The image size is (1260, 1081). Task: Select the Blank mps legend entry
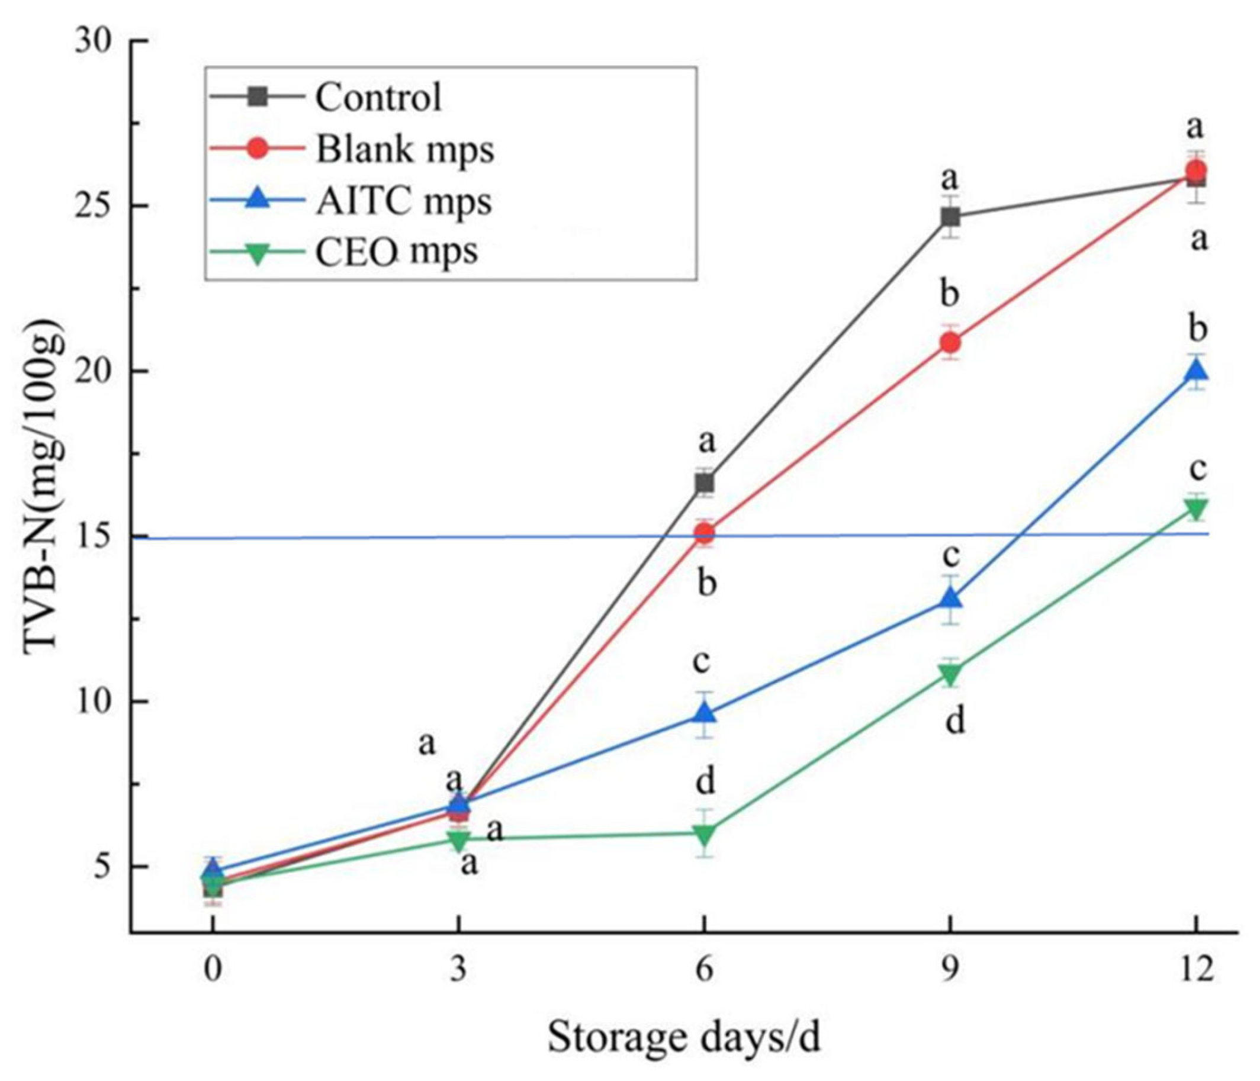[404, 149]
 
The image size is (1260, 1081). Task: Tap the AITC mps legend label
[403, 201]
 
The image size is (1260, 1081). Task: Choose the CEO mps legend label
[397, 252]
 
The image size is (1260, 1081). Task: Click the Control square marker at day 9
[950, 217]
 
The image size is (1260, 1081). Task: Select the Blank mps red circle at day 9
[950, 343]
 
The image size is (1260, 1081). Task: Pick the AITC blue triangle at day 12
[1197, 370]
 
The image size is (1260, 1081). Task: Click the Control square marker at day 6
[704, 482]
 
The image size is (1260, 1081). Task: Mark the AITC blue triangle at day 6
[704, 713]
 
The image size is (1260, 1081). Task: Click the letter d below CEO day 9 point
[955, 722]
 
